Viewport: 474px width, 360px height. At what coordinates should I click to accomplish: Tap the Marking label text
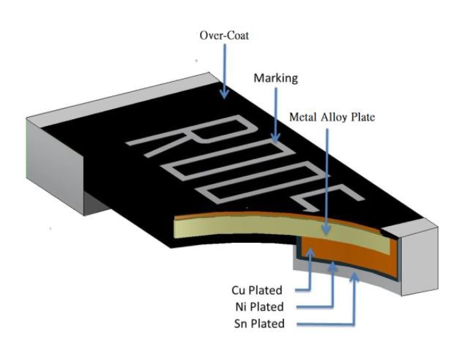[x=275, y=78]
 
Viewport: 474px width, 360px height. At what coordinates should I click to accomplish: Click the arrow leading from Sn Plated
[x=352, y=298]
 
